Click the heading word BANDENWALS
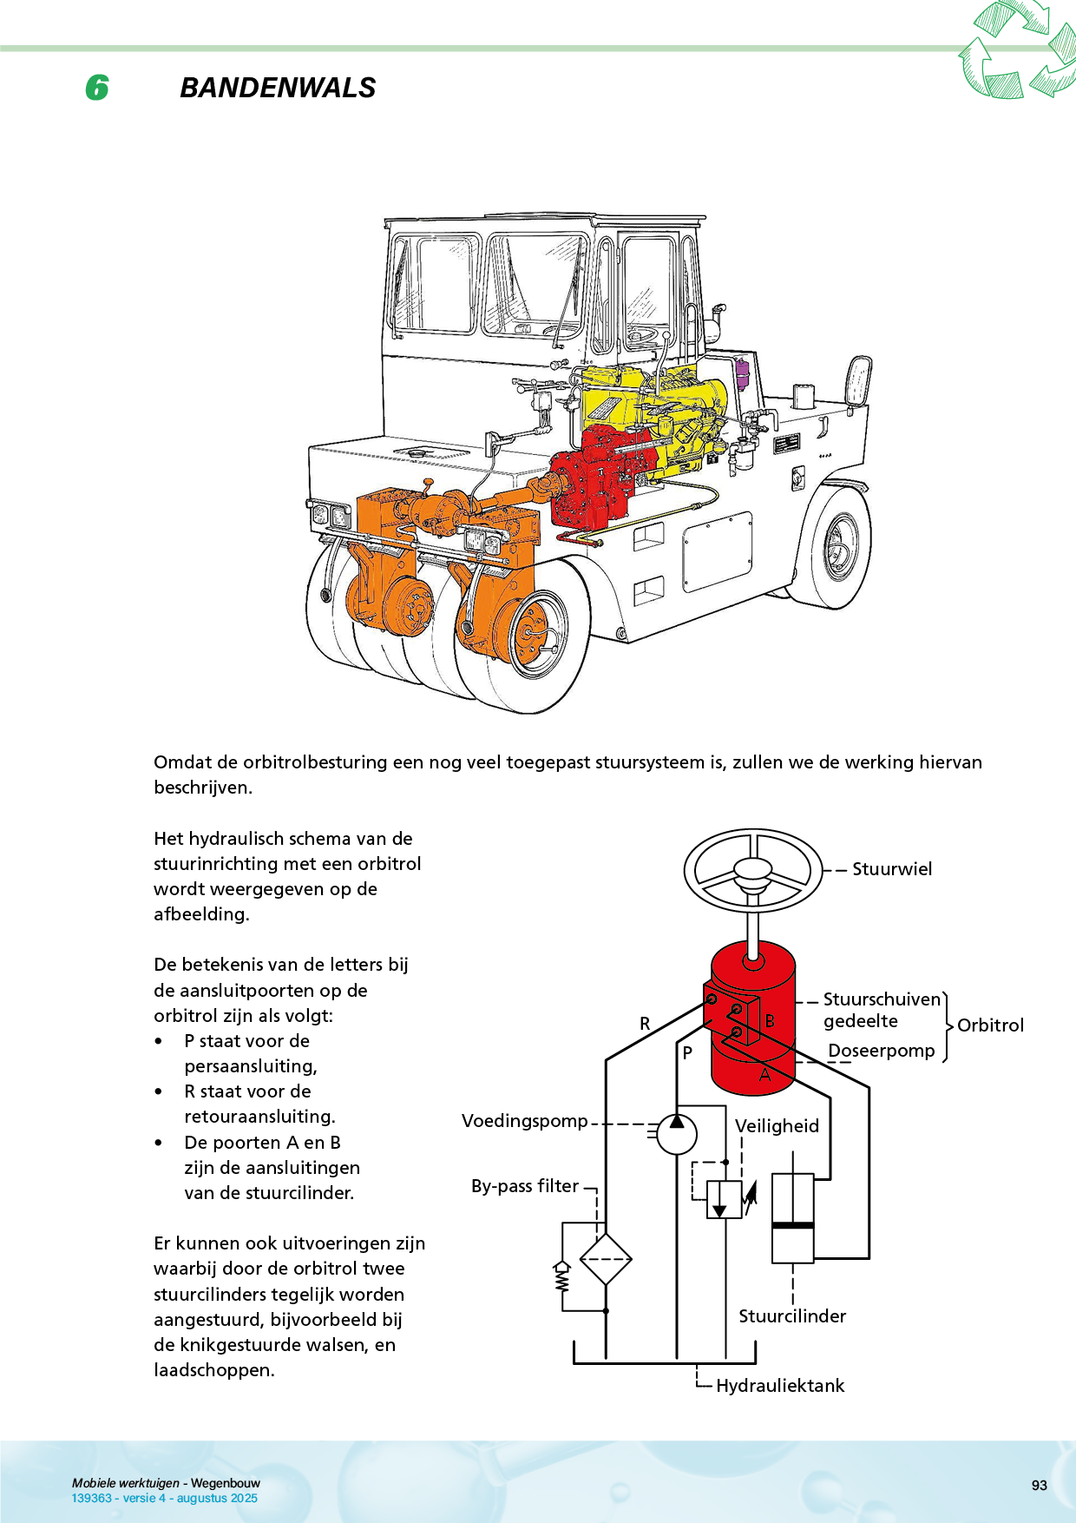(278, 88)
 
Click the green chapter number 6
(97, 88)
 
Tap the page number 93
(1039, 1486)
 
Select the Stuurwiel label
(891, 869)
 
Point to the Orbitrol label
(990, 1025)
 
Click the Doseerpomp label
(881, 1051)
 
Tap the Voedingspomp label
(524, 1121)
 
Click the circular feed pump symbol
(677, 1133)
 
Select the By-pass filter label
(524, 1186)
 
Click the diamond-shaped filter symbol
(605, 1259)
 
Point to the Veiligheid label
(777, 1126)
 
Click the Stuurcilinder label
(792, 1316)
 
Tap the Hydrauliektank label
(780, 1386)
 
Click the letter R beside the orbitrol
(645, 1024)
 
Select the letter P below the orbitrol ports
(687, 1053)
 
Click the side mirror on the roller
(858, 380)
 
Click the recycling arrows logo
(1017, 49)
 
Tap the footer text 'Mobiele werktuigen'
(126, 1483)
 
